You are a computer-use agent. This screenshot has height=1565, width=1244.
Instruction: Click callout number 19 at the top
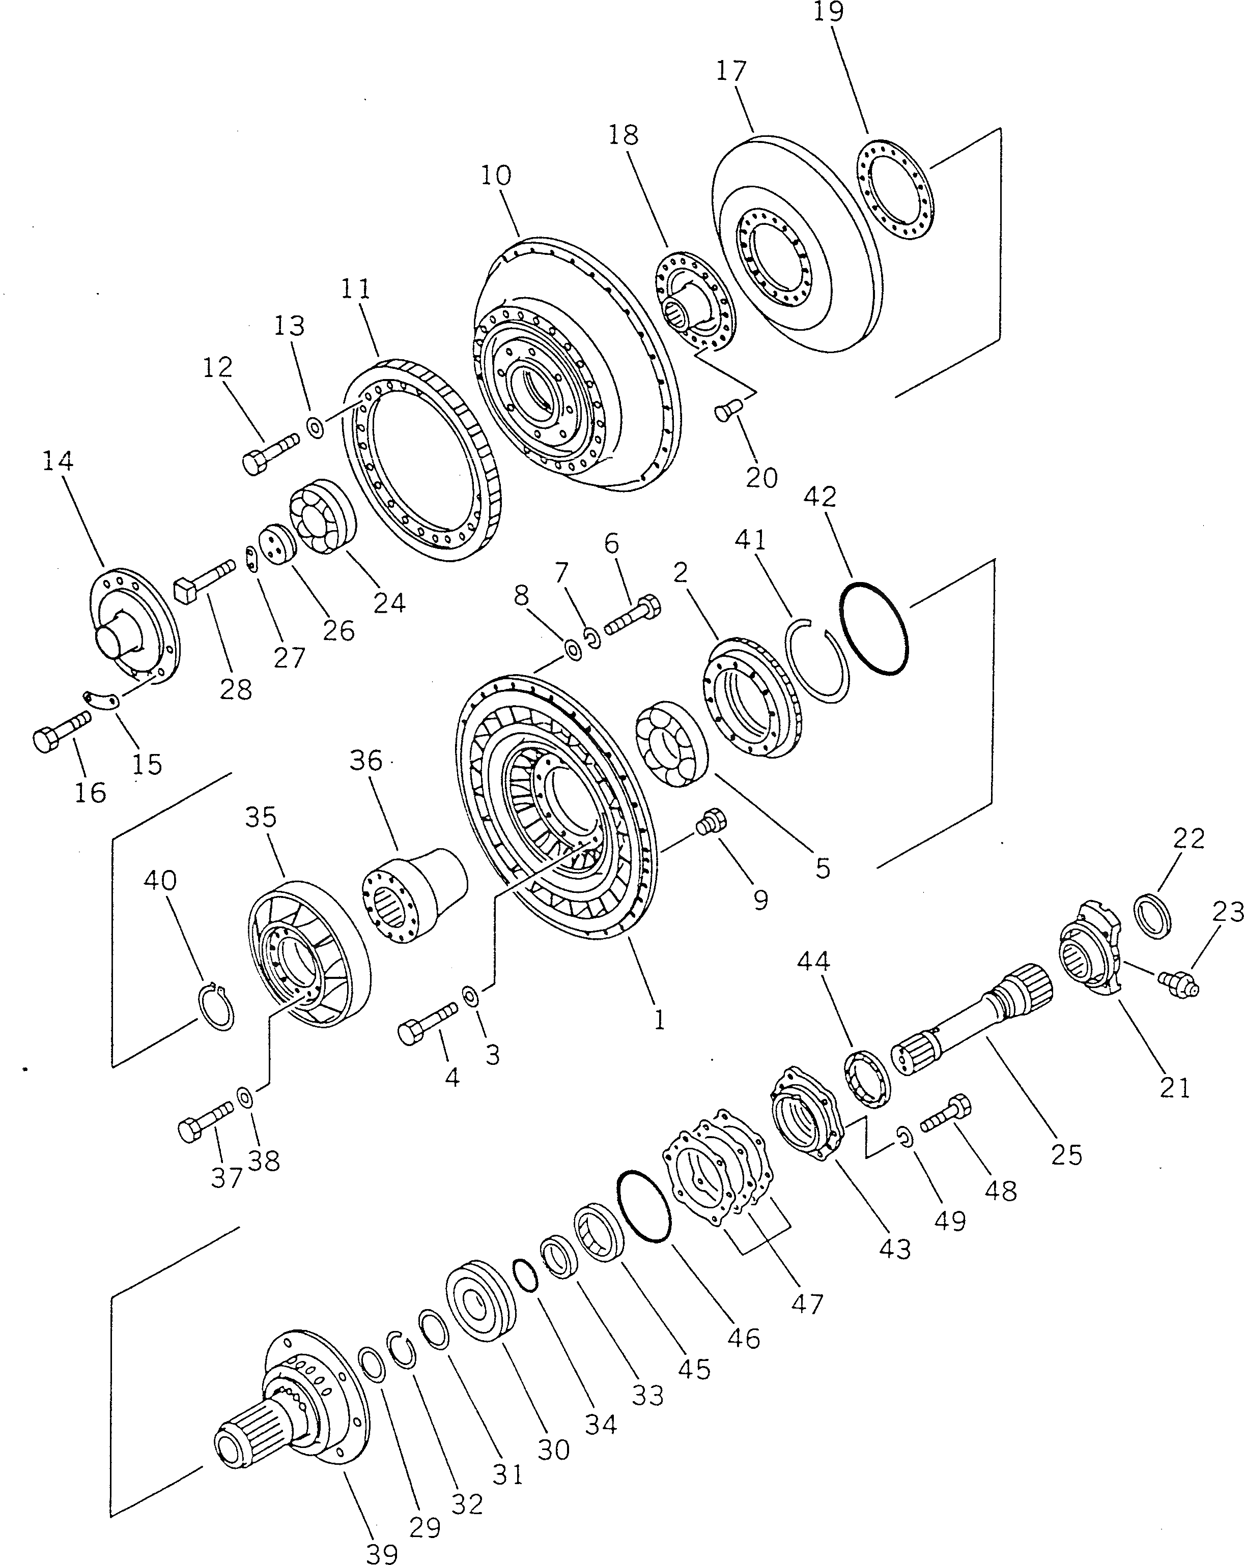829,12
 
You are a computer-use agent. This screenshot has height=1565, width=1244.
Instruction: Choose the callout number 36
365,760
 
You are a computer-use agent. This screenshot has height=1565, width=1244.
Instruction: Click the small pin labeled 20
726,410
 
